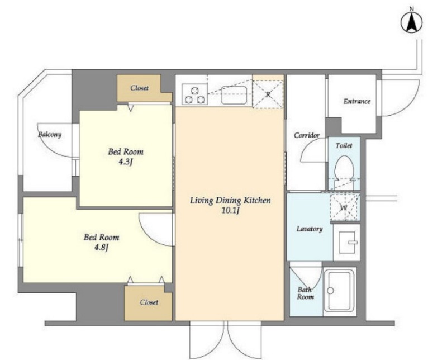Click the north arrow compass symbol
point(411,22)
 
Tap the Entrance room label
point(356,101)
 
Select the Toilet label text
point(344,145)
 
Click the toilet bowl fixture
point(344,168)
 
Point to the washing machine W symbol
point(344,207)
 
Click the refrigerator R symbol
point(268,94)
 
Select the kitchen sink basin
point(234,95)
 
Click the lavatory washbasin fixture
point(347,242)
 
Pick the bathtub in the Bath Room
point(339,291)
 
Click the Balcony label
point(50,134)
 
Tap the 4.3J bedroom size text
point(126,162)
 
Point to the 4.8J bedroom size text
point(101,248)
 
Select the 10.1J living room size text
point(230,211)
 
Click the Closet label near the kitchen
point(139,88)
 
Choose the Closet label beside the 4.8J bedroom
point(149,302)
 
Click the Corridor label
point(306,135)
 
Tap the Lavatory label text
point(310,229)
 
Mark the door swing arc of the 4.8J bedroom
point(148,235)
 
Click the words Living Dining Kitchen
point(230,201)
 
